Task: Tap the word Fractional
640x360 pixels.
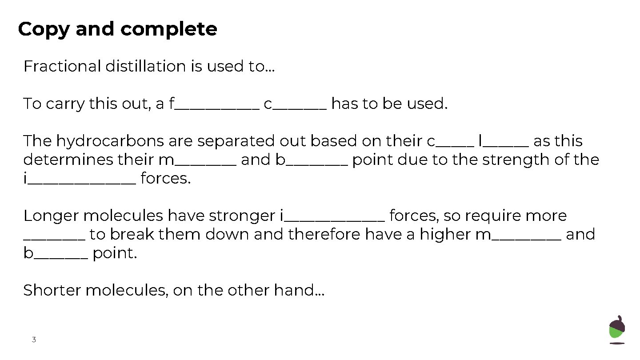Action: pyautogui.click(x=62, y=66)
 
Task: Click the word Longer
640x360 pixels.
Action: pyautogui.click(x=51, y=216)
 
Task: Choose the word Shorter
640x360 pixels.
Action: pyautogui.click(x=52, y=291)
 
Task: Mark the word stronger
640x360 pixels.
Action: pyautogui.click(x=242, y=216)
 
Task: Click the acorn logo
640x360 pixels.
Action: pyautogui.click(x=617, y=329)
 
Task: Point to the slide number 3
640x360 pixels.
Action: pyautogui.click(x=34, y=340)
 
